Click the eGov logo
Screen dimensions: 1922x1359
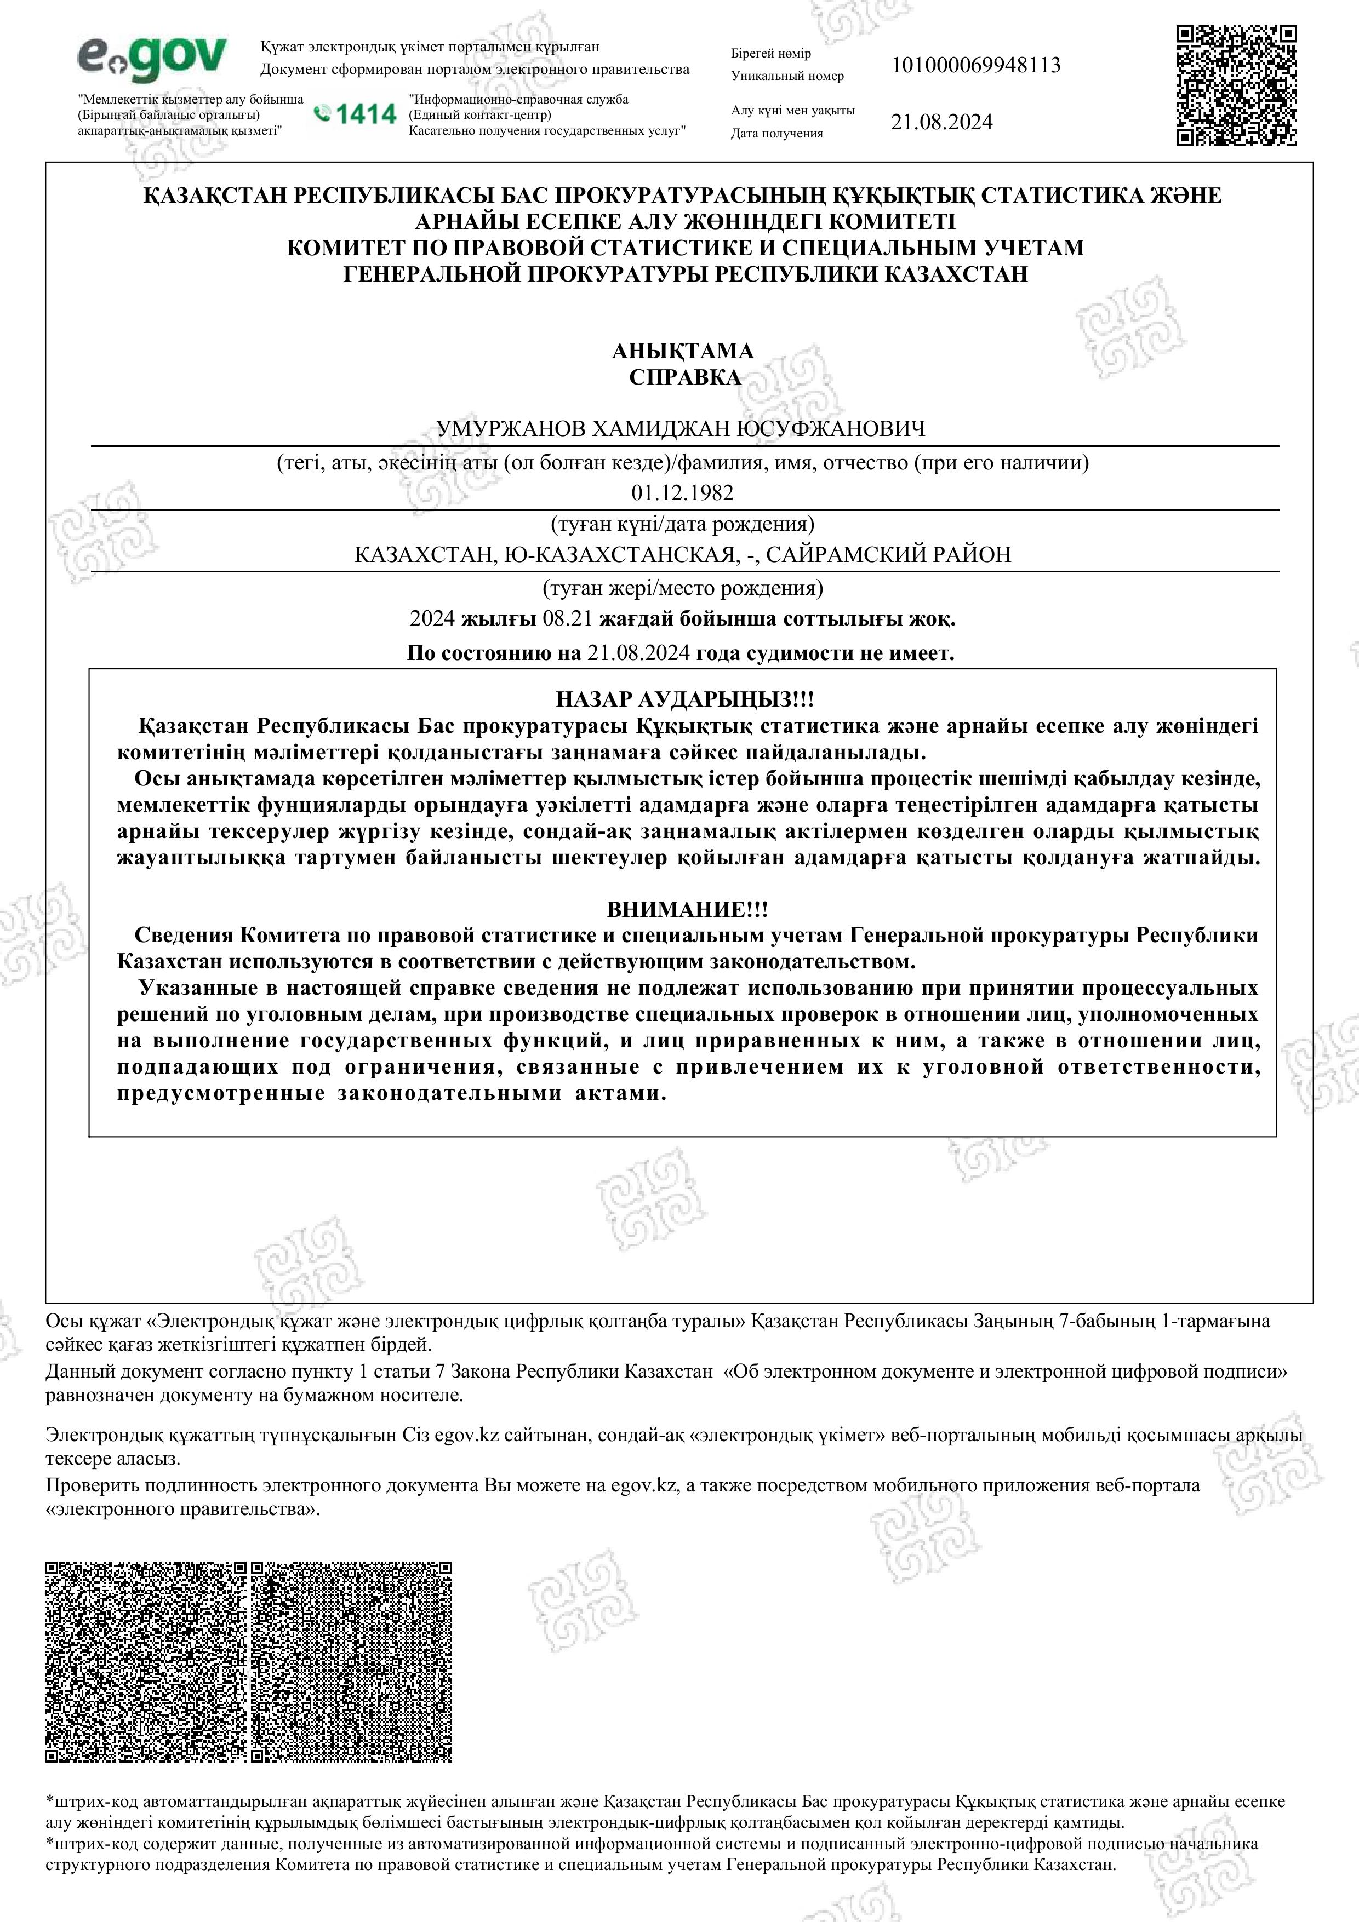coord(152,59)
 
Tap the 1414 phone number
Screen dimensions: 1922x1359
coord(355,114)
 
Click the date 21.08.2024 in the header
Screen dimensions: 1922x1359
coord(941,122)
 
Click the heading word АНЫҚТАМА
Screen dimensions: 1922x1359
coord(682,351)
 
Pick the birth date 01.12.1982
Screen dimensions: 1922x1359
coord(682,493)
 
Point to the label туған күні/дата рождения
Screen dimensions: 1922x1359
coord(682,525)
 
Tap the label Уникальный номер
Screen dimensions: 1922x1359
coord(787,76)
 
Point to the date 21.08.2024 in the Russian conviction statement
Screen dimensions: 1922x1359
coord(638,653)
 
